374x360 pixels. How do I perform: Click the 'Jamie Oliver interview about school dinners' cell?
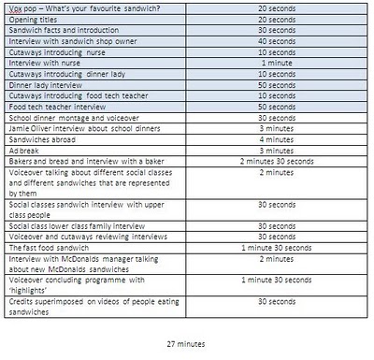coord(78,128)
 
